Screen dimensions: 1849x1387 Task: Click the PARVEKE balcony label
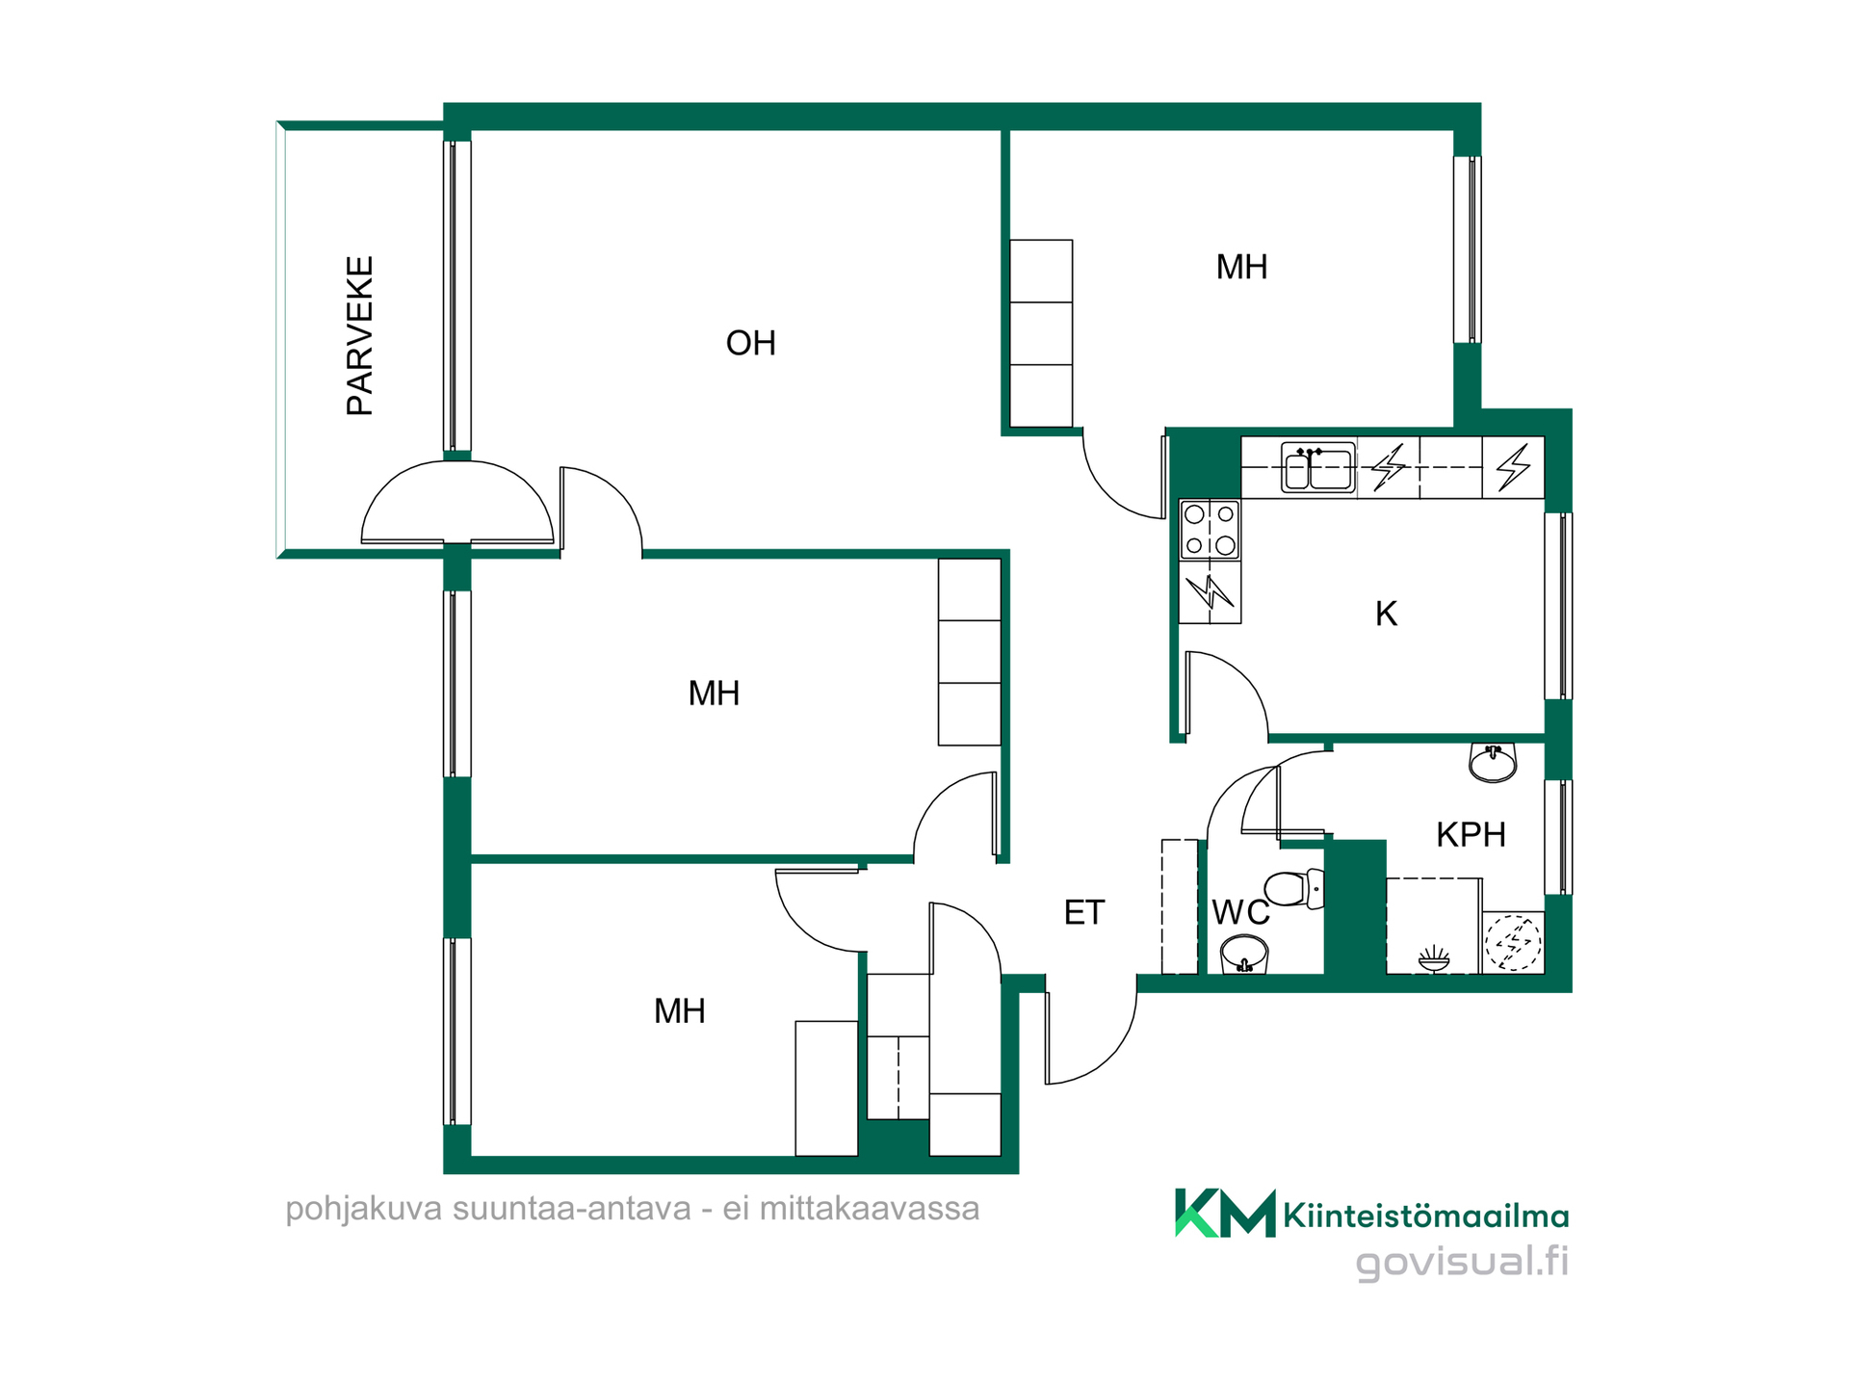[359, 335]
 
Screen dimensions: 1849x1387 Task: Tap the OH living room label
[750, 343]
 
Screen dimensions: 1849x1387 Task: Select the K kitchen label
[1386, 614]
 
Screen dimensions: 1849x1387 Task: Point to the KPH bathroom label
[1471, 834]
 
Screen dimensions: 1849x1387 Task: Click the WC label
[1240, 911]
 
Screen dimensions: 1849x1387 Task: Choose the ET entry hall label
[1083, 912]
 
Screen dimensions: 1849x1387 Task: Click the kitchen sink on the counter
[1318, 468]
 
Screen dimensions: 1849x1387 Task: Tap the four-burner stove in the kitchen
[1211, 529]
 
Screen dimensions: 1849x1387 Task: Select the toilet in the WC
[1294, 888]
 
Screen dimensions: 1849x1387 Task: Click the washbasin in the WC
[1244, 955]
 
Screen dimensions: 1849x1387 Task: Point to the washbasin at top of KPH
[1493, 762]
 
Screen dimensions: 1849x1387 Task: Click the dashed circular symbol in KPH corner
[1513, 942]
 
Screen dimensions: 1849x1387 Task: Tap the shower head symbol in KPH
[1434, 958]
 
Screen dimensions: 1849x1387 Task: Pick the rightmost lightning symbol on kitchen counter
[1513, 467]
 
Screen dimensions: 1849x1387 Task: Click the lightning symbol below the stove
[1210, 591]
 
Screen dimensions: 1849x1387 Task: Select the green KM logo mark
[1225, 1213]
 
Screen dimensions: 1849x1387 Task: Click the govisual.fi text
[1462, 1261]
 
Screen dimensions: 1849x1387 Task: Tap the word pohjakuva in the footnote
[364, 1209]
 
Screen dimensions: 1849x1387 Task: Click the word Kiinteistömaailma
[1426, 1216]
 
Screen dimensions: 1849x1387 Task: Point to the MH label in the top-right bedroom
[1241, 267]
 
